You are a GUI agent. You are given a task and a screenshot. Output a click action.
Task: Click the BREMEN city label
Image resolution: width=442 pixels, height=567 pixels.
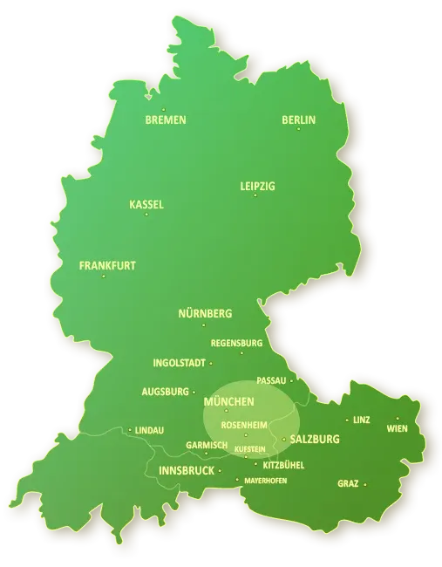tap(166, 120)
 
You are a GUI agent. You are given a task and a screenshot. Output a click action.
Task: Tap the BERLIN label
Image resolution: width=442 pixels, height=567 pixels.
tap(298, 120)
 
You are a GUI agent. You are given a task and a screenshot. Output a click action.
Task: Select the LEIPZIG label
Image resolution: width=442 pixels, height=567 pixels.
tap(257, 187)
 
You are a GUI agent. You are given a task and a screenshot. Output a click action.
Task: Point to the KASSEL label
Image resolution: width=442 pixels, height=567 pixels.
tap(146, 205)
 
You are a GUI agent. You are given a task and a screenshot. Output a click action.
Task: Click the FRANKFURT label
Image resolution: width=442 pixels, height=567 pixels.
tap(107, 265)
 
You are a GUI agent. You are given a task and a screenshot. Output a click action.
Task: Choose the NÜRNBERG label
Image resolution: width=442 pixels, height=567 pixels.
tap(205, 313)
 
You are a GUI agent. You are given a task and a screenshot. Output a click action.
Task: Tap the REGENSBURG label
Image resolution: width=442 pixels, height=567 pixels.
tap(236, 343)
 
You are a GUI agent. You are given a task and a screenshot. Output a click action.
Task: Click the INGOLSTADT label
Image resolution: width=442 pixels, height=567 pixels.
tap(179, 363)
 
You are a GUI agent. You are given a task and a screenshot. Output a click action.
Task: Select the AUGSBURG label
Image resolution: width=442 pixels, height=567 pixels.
tap(166, 392)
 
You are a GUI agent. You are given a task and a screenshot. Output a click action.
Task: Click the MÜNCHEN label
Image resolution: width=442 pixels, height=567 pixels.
tap(228, 402)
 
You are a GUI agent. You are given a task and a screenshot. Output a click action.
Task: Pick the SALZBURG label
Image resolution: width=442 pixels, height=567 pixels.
tap(314, 440)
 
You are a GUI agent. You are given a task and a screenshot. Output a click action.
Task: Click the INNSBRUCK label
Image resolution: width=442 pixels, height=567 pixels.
tap(187, 471)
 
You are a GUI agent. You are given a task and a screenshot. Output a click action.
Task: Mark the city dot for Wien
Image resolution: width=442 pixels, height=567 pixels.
tap(398, 419)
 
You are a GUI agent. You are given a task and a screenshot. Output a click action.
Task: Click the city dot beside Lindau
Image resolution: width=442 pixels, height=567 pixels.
tap(130, 430)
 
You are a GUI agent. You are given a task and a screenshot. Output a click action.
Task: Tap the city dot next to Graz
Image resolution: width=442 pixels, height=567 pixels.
tap(364, 484)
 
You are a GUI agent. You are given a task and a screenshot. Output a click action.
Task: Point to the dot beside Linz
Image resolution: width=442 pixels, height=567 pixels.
tap(347, 420)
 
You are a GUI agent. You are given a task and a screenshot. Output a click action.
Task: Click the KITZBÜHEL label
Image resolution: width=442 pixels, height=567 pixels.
tap(282, 465)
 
